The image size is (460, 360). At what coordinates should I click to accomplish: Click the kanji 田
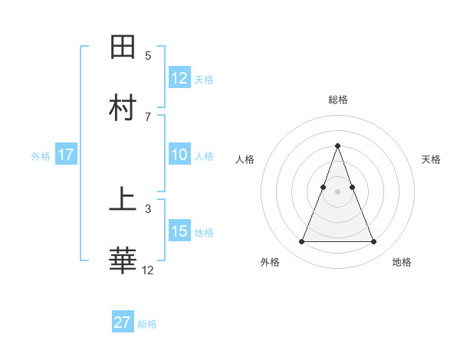(x=123, y=47)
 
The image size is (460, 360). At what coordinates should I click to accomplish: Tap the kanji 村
(x=123, y=108)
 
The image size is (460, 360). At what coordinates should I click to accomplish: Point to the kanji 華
(x=123, y=261)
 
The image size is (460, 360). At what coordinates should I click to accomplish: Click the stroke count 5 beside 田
(x=148, y=56)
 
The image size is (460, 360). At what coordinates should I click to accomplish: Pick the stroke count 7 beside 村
(x=148, y=116)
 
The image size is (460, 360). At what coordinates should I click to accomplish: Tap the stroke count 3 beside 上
(x=148, y=208)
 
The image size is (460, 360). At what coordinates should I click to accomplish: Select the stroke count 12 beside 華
(x=148, y=270)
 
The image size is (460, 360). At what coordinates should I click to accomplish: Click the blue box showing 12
(x=179, y=78)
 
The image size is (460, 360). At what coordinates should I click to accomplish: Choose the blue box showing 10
(x=179, y=155)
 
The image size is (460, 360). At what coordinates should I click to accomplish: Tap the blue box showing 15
(x=179, y=231)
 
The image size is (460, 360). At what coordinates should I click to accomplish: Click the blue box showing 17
(x=66, y=155)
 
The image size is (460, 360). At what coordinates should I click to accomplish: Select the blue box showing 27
(x=123, y=322)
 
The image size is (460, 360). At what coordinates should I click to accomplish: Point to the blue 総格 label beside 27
(x=147, y=324)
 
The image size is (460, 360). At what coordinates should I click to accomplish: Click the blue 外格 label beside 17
(x=41, y=156)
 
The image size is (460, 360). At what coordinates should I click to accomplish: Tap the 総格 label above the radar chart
(x=337, y=100)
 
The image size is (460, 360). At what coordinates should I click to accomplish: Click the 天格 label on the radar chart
(x=432, y=159)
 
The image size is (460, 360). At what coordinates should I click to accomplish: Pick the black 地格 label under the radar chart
(x=402, y=262)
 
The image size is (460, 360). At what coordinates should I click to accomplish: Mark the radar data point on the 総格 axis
(x=337, y=146)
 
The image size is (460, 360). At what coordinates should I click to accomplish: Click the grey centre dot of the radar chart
(x=337, y=191)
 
